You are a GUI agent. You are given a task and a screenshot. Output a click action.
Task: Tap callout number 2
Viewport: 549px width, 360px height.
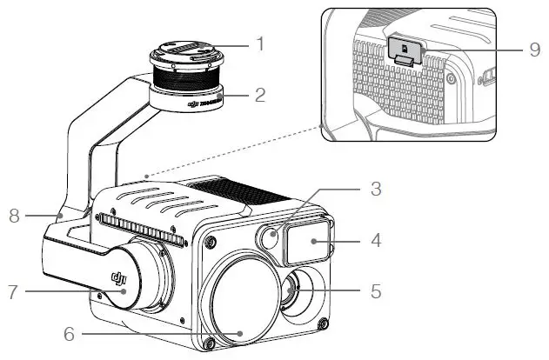tap(258, 93)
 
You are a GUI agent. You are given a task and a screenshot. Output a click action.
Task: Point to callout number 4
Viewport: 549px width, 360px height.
tap(375, 239)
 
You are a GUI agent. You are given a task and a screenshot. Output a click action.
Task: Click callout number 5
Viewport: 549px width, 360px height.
tap(375, 290)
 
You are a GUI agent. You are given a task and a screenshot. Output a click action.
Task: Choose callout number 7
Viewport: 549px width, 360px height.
tap(12, 290)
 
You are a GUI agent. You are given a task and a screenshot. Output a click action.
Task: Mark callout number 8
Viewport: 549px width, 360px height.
tap(12, 214)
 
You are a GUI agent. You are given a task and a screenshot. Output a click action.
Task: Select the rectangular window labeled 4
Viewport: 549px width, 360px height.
tap(306, 239)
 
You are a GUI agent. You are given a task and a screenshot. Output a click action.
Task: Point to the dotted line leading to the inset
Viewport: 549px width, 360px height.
tap(235, 152)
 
